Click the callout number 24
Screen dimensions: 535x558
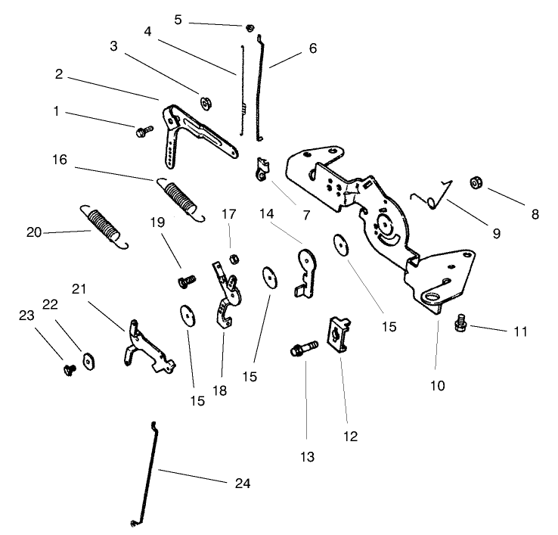coord(243,483)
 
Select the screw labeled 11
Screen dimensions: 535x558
coord(459,325)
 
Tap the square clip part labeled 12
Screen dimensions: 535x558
coord(337,334)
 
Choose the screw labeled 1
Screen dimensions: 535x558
coord(141,132)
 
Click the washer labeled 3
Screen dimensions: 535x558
coord(204,101)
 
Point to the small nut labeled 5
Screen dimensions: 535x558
coord(249,28)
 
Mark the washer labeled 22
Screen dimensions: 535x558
coord(88,359)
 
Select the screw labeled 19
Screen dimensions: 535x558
coord(184,281)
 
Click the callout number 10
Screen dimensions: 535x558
coord(438,386)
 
